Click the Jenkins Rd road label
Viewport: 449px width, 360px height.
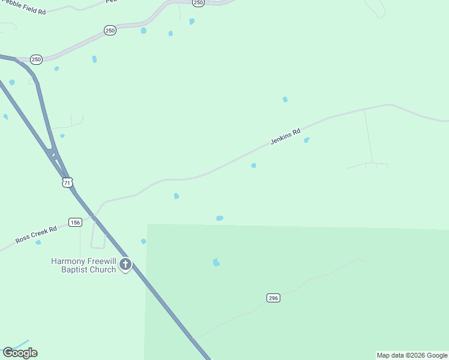pyautogui.click(x=285, y=137)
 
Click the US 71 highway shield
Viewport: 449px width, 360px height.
pyautogui.click(x=67, y=182)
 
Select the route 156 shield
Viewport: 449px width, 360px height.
pyautogui.click(x=75, y=223)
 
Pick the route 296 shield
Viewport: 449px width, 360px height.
pyautogui.click(x=274, y=298)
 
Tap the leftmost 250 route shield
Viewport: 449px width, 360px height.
pyautogui.click(x=37, y=59)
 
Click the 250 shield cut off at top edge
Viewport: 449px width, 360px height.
pyautogui.click(x=199, y=2)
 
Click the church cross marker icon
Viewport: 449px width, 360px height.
pyautogui.click(x=125, y=264)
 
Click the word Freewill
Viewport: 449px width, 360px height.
pyautogui.click(x=101, y=261)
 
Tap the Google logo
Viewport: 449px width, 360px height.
pyautogui.click(x=20, y=353)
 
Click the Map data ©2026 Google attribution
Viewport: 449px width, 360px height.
pyautogui.click(x=412, y=355)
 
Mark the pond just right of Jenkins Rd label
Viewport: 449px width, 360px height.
pyautogui.click(x=307, y=140)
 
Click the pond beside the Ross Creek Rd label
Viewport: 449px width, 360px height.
pyautogui.click(x=38, y=242)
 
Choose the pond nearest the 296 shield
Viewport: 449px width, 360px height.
pyautogui.click(x=216, y=262)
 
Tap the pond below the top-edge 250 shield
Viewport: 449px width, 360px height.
pyautogui.click(x=192, y=22)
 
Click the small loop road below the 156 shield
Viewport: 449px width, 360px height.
pyautogui.click(x=98, y=240)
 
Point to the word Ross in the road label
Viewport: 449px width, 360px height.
pyautogui.click(x=22, y=239)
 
